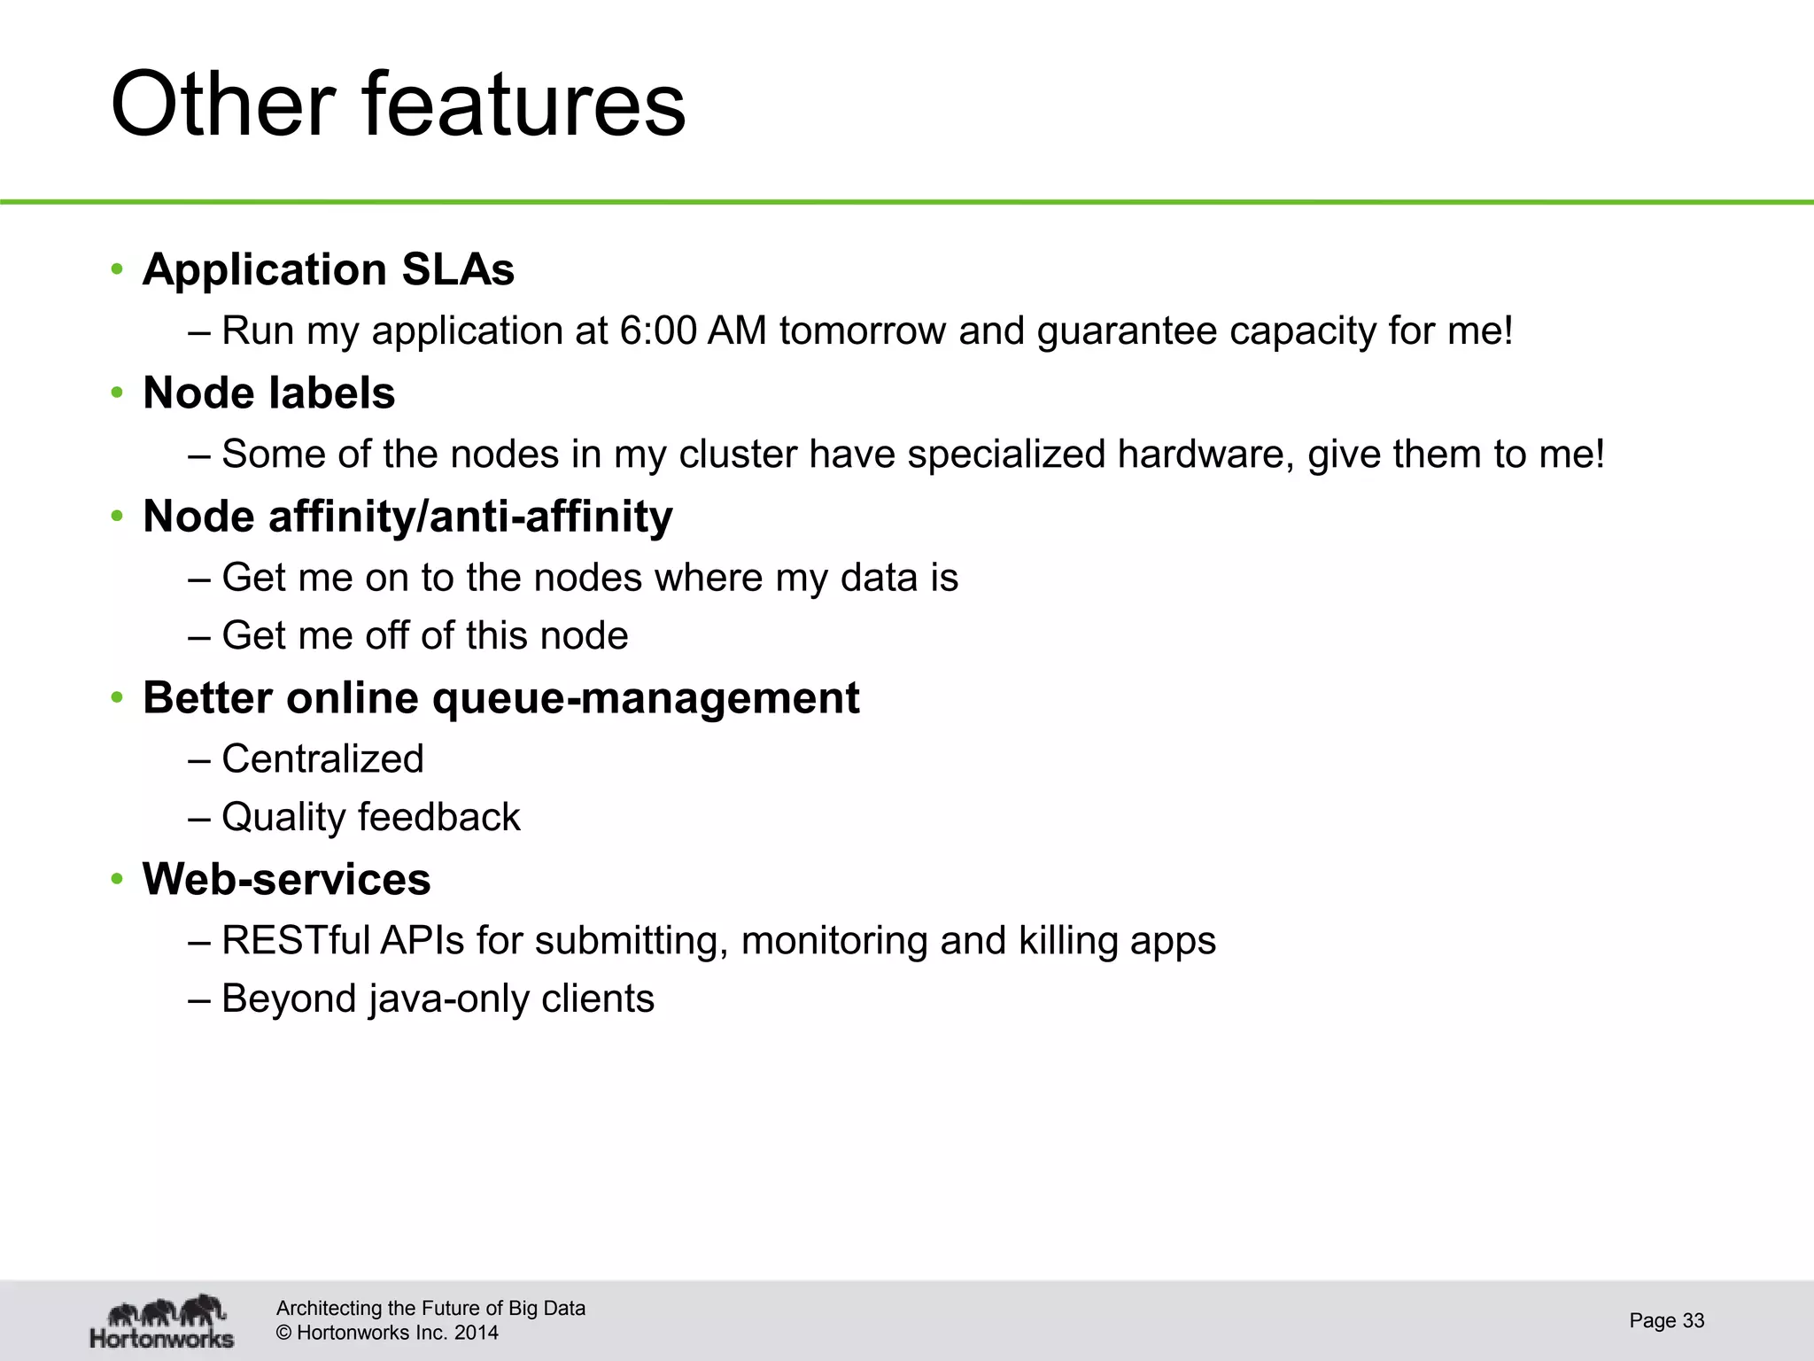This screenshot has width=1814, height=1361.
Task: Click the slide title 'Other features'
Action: coord(398,105)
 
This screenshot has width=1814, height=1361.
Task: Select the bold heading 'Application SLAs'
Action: coord(328,269)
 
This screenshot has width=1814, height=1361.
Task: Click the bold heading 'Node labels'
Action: coord(268,393)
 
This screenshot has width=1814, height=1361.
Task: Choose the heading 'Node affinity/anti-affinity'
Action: coord(407,517)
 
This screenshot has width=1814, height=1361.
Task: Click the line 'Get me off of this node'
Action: coord(424,636)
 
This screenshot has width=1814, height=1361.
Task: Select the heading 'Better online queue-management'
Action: coord(500,698)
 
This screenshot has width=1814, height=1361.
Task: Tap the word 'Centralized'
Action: coord(322,759)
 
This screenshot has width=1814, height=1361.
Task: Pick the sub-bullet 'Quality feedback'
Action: coord(370,817)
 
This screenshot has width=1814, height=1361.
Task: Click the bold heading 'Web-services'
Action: coord(286,879)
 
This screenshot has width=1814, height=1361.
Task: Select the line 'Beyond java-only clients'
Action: coord(438,999)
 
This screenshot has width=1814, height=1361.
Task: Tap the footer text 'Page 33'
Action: coord(1666,1321)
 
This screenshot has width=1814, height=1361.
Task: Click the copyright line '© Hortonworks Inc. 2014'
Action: coord(387,1333)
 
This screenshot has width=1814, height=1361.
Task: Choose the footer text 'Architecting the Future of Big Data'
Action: coord(430,1309)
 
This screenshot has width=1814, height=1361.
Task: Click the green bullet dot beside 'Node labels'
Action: coord(116,393)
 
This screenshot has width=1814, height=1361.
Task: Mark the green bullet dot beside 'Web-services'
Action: coord(116,880)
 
